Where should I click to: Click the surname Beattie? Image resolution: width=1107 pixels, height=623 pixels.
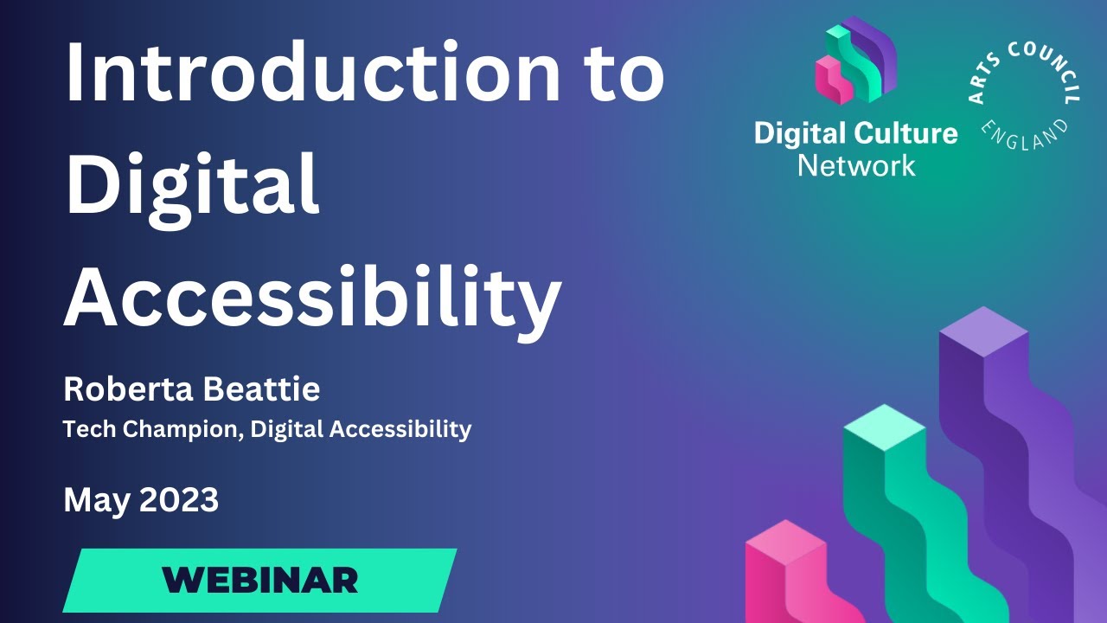click(261, 390)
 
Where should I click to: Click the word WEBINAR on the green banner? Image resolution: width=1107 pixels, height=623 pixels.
click(259, 579)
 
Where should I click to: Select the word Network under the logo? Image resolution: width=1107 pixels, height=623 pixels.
click(855, 164)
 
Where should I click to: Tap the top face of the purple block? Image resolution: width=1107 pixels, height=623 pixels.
click(983, 331)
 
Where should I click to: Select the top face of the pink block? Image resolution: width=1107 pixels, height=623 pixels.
click(786, 540)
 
